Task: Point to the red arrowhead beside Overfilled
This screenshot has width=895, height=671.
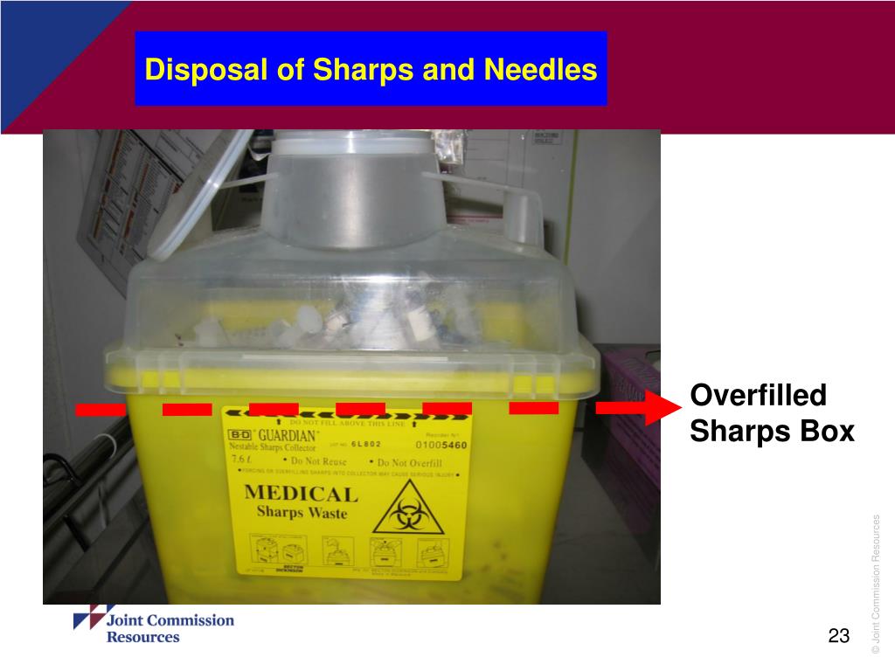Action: pyautogui.click(x=663, y=407)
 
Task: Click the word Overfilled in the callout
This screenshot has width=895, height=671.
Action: pyautogui.click(x=758, y=396)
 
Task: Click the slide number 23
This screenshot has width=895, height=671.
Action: pyautogui.click(x=839, y=636)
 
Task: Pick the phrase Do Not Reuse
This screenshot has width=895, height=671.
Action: pyautogui.click(x=319, y=461)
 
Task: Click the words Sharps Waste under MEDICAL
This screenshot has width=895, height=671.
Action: pyautogui.click(x=302, y=513)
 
